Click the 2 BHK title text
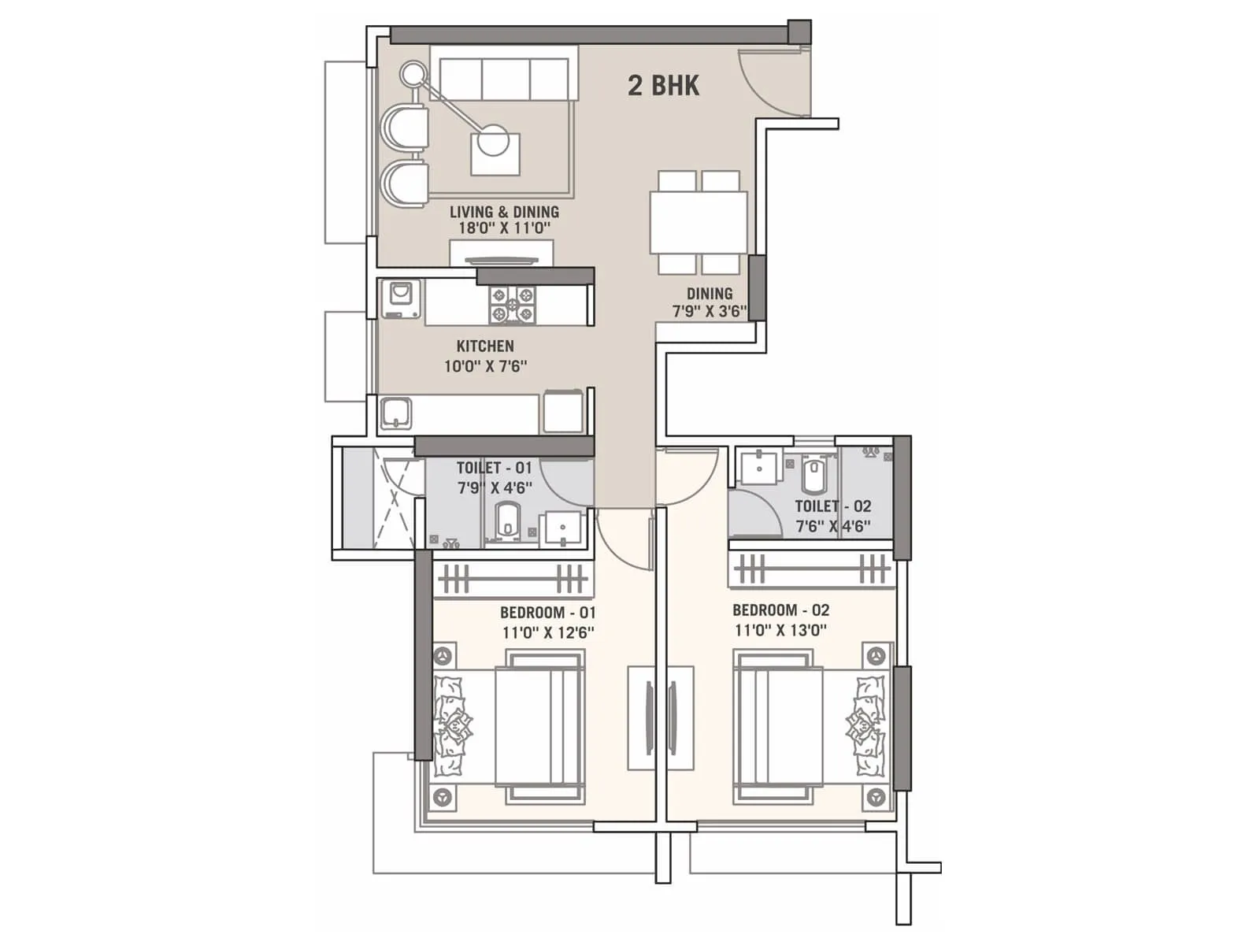[663, 85]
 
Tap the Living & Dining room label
[504, 212]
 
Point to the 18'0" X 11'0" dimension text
[504, 228]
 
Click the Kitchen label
[485, 346]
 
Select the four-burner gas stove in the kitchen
[513, 305]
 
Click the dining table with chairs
[698, 222]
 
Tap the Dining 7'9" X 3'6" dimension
[709, 311]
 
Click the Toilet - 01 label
[494, 468]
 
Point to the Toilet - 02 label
[832, 506]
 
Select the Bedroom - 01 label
[547, 613]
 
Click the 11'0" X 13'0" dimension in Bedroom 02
[780, 630]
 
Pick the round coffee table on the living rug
[495, 140]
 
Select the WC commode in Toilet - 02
[813, 476]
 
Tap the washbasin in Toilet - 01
[562, 528]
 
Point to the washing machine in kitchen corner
[401, 298]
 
